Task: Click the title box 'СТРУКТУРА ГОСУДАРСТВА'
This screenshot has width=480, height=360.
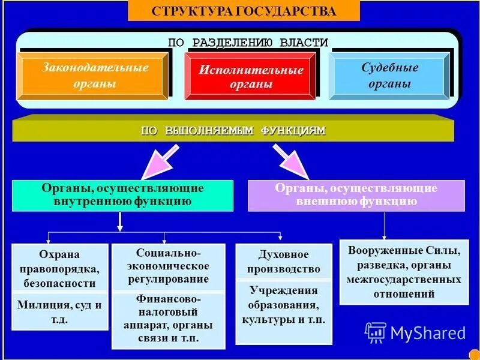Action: coord(244,11)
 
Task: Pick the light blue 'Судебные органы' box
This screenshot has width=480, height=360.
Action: coord(389,76)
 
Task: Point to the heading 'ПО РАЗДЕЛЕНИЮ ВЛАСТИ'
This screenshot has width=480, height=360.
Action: coord(248,43)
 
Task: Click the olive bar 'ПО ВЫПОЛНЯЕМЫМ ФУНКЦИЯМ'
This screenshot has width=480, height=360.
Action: coord(233,130)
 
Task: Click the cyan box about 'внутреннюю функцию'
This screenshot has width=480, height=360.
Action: coord(123,195)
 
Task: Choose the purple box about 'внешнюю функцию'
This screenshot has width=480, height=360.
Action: coord(356,195)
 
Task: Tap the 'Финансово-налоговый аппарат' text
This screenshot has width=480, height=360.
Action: coord(168,318)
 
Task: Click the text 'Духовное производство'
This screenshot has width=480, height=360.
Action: coord(284,262)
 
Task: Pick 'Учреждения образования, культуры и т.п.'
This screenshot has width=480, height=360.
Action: coord(284,305)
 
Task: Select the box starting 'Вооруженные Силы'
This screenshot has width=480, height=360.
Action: coord(403,272)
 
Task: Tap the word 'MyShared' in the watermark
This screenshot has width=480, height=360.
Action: coord(428,333)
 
